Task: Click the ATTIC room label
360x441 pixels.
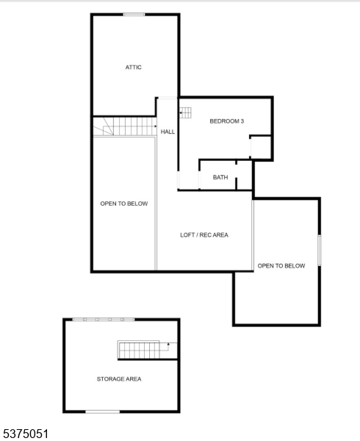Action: pos(133,67)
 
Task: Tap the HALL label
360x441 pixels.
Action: pos(168,132)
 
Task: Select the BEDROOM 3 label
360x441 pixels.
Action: pos(227,121)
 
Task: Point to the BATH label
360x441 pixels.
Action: pos(220,177)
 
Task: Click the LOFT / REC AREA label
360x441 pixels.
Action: pos(204,235)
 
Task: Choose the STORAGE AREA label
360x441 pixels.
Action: pos(119,379)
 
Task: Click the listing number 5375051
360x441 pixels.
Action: pos(26,434)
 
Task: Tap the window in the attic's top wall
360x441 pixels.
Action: pos(134,15)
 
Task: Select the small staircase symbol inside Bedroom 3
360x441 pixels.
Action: pos(185,112)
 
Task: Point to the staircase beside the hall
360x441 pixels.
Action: pos(125,126)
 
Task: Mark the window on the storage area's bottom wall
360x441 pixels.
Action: pos(103,412)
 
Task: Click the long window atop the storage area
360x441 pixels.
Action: pos(104,320)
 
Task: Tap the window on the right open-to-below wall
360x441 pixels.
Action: pos(320,251)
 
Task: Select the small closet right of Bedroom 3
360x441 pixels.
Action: pos(261,148)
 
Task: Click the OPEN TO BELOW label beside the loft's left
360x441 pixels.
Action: pos(124,204)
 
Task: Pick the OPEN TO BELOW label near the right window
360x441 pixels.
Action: pos(281,266)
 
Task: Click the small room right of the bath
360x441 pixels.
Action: pos(244,175)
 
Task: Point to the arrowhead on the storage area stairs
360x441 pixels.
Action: pos(168,344)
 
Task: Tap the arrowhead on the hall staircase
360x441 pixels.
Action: pos(156,126)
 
